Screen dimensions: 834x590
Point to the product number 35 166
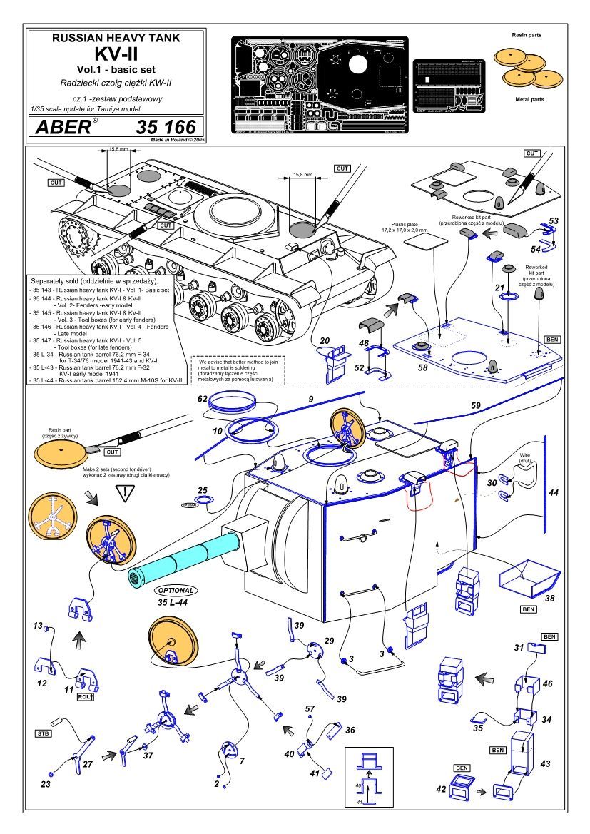pyautogui.click(x=166, y=128)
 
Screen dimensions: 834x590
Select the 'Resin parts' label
pyautogui.click(x=527, y=34)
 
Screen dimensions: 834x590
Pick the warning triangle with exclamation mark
pyautogui.click(x=127, y=492)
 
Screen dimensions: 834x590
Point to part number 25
pyautogui.click(x=203, y=490)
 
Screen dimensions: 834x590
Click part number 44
pyautogui.click(x=553, y=492)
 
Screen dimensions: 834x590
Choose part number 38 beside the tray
pyautogui.click(x=549, y=598)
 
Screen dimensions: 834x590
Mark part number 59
pyautogui.click(x=475, y=406)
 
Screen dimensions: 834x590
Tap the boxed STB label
pyautogui.click(x=42, y=733)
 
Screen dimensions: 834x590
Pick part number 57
pyautogui.click(x=310, y=709)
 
